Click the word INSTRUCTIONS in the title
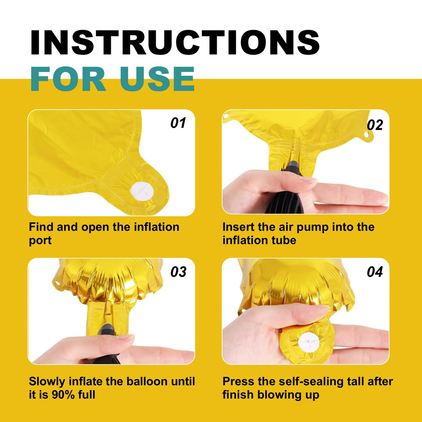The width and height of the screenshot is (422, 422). pos(175,42)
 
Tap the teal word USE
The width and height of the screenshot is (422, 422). pos(157,79)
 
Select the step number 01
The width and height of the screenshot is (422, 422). pos(178,123)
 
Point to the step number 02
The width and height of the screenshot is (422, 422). pos(375,125)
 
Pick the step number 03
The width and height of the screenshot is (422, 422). pos(178,272)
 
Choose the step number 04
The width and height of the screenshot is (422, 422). pos(375,272)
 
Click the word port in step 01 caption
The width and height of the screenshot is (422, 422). pos(40,241)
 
